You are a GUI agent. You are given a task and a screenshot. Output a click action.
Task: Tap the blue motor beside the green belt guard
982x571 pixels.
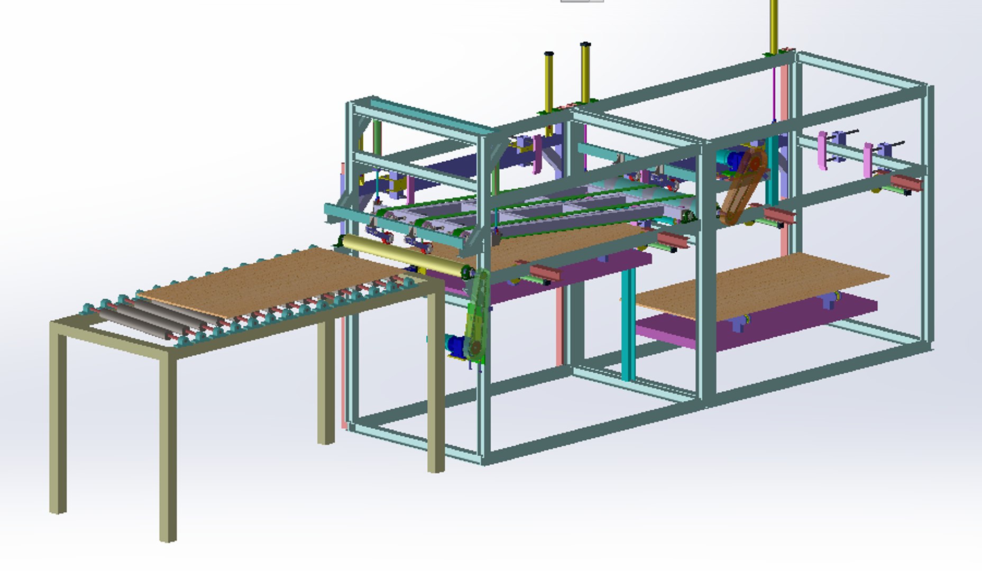pyautogui.click(x=455, y=345)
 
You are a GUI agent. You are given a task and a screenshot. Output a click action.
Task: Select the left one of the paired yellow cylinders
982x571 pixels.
pyautogui.click(x=549, y=82)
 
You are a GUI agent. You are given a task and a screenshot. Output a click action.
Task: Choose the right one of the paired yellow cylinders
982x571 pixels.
pyautogui.click(x=585, y=74)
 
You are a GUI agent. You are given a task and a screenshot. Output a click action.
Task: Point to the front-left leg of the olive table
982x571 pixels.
pyautogui.click(x=168, y=449)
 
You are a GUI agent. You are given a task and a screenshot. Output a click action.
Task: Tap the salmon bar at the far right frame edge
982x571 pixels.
pyautogui.click(x=906, y=184)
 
